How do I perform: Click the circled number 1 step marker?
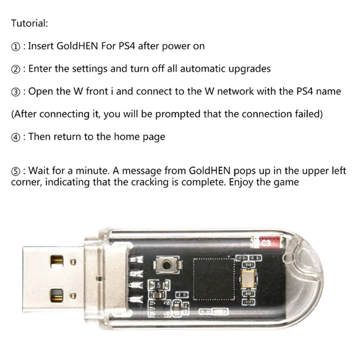click(x=15, y=46)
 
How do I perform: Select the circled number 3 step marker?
click(x=15, y=92)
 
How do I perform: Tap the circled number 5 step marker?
click(x=15, y=171)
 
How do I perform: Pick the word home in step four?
click(x=119, y=137)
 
